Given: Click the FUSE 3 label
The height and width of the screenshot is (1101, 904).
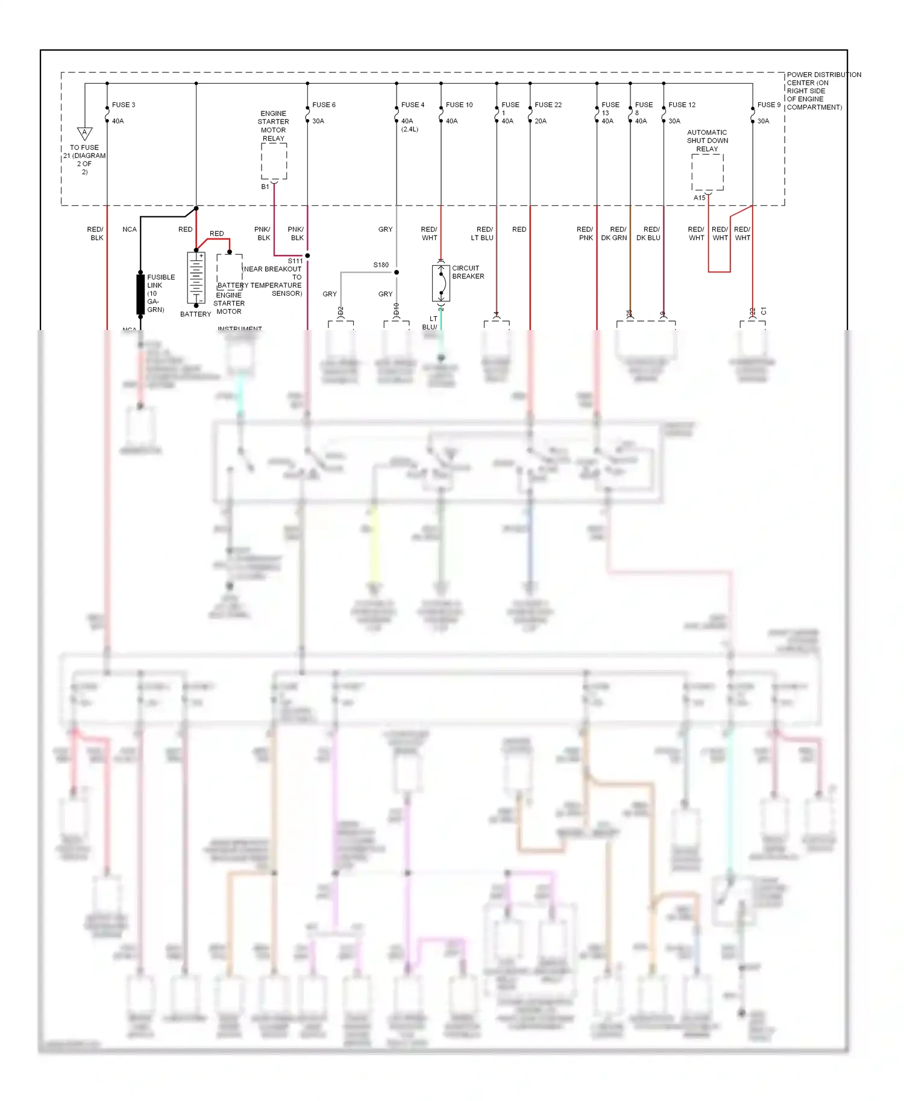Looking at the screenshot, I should coord(124,105).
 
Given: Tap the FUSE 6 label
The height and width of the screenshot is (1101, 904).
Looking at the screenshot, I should coord(324,105).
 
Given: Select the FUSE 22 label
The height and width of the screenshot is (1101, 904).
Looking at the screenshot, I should coord(548,105).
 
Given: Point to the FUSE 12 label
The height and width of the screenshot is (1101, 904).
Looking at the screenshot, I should coord(682,105).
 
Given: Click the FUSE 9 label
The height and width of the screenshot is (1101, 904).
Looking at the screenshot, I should coord(768,105).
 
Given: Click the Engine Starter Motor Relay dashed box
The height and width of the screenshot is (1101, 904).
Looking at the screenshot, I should coord(274,161).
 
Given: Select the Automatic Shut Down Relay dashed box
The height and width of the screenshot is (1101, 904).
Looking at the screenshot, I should coord(707,172).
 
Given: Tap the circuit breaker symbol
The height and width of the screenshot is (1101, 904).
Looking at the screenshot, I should coord(441,283).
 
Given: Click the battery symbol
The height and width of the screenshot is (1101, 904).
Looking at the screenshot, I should coord(196,278).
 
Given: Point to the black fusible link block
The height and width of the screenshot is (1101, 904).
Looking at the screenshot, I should coord(140,293).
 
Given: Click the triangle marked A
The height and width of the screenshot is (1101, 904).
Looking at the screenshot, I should coord(84,133).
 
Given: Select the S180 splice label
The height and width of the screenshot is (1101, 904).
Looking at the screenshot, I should coord(381,265).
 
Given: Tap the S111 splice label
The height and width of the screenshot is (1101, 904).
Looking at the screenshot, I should coord(295,261).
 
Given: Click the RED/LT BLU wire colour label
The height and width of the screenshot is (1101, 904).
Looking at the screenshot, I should coord(483,234).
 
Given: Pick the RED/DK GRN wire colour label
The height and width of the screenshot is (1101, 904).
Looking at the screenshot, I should coord(614,234).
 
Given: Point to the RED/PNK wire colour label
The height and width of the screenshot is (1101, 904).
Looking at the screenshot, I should coord(585,234).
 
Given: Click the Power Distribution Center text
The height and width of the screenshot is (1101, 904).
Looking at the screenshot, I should coord(823,91).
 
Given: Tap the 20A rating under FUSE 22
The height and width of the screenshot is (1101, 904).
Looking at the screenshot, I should coord(541,121).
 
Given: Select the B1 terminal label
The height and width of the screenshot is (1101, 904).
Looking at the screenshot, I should coord(265,187).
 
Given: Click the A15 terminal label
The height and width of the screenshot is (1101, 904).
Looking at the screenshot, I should coord(699,198).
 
